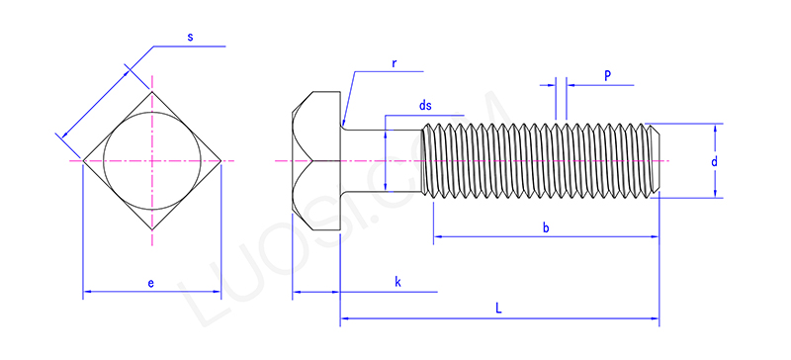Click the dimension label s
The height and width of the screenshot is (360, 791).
pyautogui.click(x=190, y=38)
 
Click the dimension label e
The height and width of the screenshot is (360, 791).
pyautogui.click(x=151, y=283)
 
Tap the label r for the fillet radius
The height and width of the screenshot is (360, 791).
pyautogui.click(x=394, y=63)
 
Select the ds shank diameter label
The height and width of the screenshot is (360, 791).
pyautogui.click(x=426, y=106)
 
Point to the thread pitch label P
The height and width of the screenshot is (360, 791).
pyautogui.click(x=608, y=75)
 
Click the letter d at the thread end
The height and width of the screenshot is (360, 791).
pyautogui.click(x=714, y=162)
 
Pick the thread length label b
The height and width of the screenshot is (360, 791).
pyautogui.click(x=546, y=227)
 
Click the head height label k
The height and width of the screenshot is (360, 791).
pyautogui.click(x=397, y=282)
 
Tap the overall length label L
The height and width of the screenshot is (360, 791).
pyautogui.click(x=498, y=309)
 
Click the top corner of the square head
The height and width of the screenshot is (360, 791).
pyautogui.click(x=152, y=91)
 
